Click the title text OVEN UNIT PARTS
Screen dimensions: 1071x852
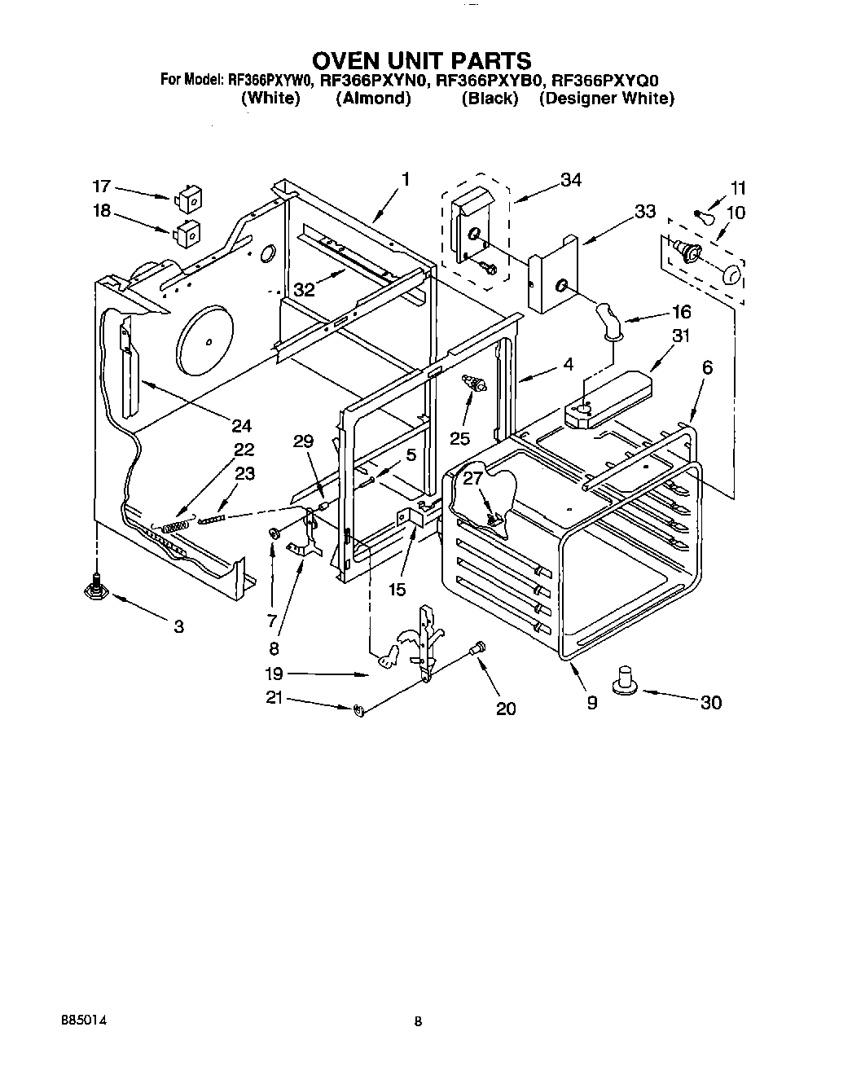point(422,61)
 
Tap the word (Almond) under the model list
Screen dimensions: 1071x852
point(373,99)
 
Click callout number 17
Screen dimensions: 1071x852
point(101,187)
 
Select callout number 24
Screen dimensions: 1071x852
point(241,425)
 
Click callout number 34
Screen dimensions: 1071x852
point(571,181)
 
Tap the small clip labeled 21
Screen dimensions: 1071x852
point(358,712)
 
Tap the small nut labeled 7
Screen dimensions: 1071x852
point(274,533)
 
